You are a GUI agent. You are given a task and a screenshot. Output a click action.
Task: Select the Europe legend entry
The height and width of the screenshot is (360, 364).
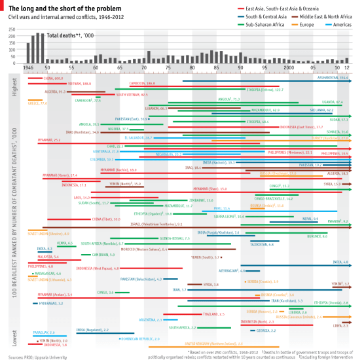pyautogui.click(x=304, y=24)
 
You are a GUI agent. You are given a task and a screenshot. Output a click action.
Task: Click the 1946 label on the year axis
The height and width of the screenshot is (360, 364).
pyautogui.click(x=29, y=67)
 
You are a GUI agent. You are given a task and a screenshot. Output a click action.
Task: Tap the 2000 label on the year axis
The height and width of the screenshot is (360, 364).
pyautogui.click(x=289, y=67)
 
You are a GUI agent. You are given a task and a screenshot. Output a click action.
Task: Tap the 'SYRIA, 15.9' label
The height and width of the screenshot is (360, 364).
pyautogui.click(x=332, y=185)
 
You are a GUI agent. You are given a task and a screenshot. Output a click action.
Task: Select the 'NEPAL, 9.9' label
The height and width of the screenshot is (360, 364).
pyautogui.click(x=310, y=219)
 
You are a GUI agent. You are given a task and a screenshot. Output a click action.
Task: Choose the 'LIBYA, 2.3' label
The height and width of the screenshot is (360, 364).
pyautogui.click(x=340, y=325)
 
